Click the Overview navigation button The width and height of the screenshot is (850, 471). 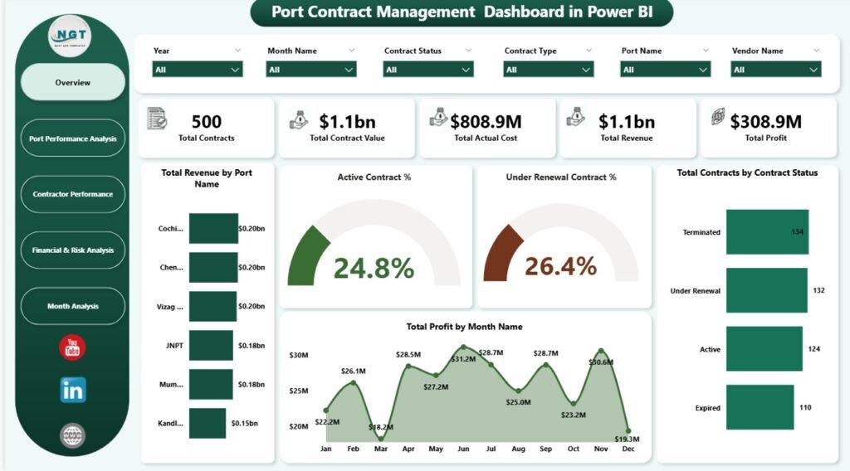point(73,83)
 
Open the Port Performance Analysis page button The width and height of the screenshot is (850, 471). point(73,138)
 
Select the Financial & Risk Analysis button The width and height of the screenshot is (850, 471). point(73,250)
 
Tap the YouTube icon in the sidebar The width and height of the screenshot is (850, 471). point(73,347)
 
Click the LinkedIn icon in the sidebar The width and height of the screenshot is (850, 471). point(73,390)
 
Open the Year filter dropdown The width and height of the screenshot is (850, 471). point(197,70)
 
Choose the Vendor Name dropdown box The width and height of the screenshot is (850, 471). point(775,70)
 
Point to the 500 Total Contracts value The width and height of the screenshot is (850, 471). point(206,123)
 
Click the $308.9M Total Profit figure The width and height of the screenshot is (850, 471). point(765,123)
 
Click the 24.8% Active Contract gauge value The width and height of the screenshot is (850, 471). point(374,267)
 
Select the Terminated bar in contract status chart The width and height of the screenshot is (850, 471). point(767,232)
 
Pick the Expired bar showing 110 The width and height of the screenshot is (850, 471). point(760,407)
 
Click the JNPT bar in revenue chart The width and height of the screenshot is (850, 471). point(212,345)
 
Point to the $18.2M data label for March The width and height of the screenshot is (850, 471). point(381,426)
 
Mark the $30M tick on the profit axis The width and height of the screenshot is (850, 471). point(300,356)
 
